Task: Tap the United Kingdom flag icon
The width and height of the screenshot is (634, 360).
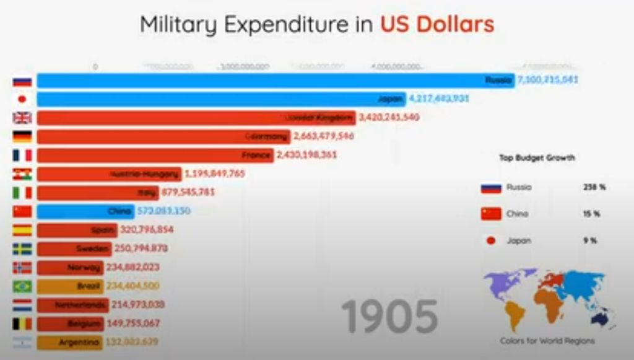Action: point(22,118)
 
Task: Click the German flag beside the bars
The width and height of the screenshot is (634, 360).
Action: point(22,136)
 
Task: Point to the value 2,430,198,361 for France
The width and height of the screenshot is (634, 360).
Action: point(307,155)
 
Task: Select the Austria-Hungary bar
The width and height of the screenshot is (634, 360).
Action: point(108,174)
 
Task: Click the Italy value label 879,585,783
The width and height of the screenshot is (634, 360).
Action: point(188,192)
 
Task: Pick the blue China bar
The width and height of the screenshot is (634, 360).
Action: point(85,211)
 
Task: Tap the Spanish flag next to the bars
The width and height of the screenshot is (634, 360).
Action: point(22,230)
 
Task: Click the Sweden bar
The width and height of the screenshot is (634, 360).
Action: point(74,248)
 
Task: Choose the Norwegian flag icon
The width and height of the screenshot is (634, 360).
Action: point(22,268)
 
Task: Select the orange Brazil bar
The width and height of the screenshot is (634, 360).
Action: point(70,286)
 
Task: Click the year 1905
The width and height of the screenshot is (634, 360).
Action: point(389,317)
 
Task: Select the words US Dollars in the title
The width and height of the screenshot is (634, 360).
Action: point(437,24)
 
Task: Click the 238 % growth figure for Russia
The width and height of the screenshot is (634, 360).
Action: point(594,187)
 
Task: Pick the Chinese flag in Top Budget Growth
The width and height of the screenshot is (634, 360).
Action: point(491,214)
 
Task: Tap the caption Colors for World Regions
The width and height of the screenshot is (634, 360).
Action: point(547,341)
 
